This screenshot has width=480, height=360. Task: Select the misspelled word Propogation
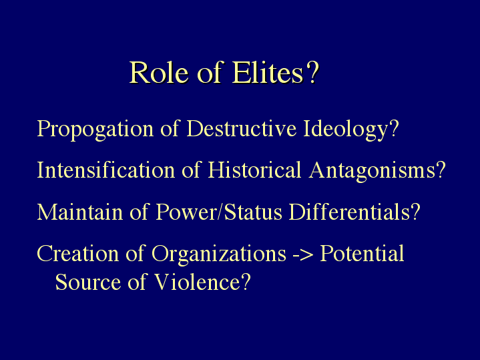tap(95, 130)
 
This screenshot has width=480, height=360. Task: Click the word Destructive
tap(242, 128)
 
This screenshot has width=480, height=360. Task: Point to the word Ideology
tap(346, 130)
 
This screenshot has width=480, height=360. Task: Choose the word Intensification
tap(106, 170)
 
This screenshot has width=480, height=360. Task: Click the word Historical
tap(254, 170)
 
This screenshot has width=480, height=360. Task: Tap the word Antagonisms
tap(372, 171)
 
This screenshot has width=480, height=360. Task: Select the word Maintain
tap(80, 212)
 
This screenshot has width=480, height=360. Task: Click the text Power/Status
tap(219, 212)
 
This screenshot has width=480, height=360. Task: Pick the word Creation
tap(77, 253)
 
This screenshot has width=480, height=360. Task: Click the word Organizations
tap(219, 254)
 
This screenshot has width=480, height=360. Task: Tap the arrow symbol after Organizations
tap(303, 254)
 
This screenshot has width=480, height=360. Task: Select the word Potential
tap(362, 253)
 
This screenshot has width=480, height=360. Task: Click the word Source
tap(88, 282)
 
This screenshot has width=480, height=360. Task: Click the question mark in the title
tap(312, 72)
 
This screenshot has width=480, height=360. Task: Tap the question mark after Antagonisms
tap(441, 170)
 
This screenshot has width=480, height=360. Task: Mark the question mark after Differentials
tap(416, 211)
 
